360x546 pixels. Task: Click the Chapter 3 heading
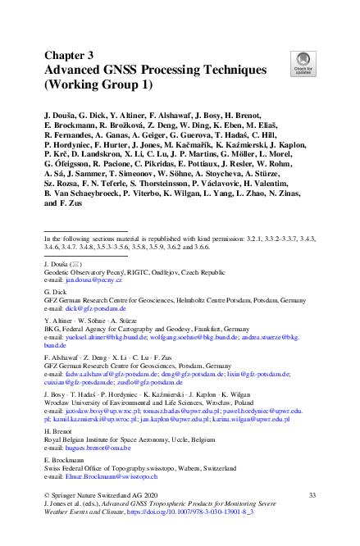(x=69, y=56)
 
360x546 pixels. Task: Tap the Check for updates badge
(x=302, y=61)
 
